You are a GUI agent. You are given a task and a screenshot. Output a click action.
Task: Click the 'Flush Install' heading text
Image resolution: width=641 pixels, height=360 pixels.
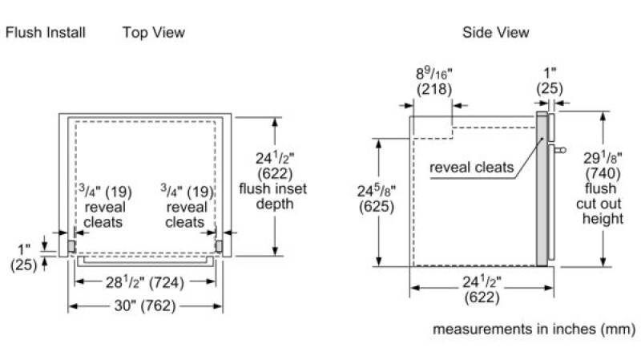[46, 32]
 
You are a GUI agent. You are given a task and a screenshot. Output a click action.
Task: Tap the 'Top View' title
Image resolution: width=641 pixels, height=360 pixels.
[154, 32]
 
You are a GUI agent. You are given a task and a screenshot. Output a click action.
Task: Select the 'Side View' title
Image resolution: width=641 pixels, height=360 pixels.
[495, 32]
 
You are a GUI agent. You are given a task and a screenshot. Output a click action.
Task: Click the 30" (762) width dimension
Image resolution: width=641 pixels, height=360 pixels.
[145, 305]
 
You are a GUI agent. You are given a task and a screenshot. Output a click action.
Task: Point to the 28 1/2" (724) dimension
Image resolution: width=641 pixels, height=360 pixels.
[145, 282]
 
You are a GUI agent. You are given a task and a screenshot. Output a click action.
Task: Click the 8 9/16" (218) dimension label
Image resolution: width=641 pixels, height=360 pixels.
[434, 81]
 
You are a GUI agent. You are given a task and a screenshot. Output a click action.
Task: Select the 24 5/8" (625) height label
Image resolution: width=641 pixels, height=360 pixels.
[377, 199]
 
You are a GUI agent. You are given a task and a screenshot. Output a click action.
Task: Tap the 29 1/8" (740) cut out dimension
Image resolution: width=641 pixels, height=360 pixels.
[603, 165]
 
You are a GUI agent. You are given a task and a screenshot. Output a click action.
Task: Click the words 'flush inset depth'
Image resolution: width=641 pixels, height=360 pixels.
[273, 196]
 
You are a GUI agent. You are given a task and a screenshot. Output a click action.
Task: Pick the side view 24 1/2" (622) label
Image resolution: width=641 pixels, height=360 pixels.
[482, 289]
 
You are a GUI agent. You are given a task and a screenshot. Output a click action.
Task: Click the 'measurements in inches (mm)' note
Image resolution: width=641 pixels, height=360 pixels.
[534, 329]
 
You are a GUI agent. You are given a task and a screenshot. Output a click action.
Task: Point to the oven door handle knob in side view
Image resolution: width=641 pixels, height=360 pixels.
[562, 150]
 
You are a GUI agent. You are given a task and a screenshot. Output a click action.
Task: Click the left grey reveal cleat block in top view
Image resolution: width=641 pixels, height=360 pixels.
[71, 246]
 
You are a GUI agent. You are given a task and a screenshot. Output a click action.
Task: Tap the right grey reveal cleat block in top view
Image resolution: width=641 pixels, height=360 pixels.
[219, 246]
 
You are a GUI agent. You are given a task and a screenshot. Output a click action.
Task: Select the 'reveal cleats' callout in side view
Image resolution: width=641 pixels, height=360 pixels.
[471, 168]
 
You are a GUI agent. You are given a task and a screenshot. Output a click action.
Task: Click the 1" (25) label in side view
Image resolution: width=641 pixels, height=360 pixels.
[550, 81]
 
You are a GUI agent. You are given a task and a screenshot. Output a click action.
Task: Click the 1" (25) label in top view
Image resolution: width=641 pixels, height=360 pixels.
[24, 257]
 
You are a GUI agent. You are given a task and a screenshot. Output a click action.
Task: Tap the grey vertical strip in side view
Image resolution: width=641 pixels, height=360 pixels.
[542, 188]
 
